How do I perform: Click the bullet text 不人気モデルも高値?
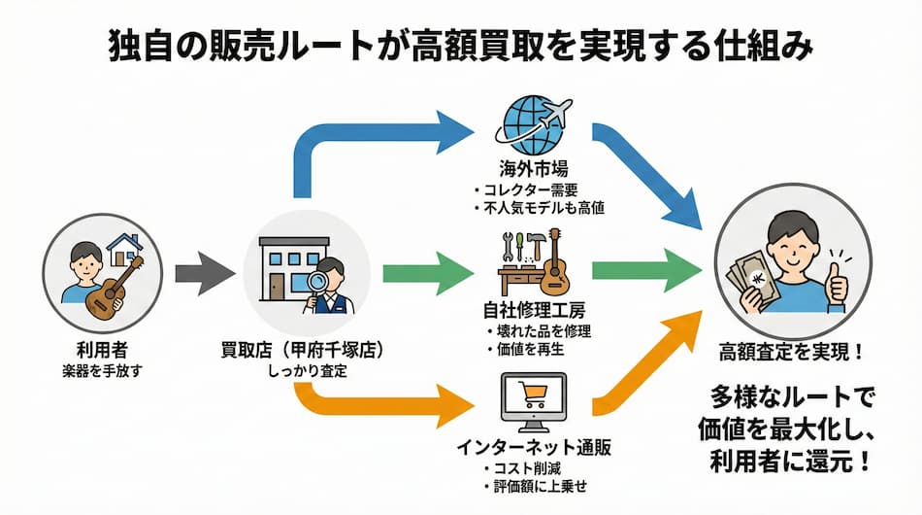[x=540, y=207]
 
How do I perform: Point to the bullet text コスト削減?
[x=531, y=468]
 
